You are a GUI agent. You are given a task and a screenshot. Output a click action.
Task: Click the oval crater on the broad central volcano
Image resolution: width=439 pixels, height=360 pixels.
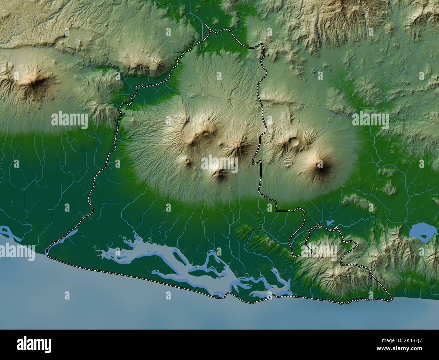(205, 133)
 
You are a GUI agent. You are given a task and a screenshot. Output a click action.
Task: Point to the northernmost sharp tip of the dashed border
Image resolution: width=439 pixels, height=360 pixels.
(207, 26)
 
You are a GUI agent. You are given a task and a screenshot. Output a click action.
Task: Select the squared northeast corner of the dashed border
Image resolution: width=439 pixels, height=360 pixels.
(262, 45)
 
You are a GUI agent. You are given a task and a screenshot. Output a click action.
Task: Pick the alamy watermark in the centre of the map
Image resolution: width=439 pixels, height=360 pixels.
(220, 165)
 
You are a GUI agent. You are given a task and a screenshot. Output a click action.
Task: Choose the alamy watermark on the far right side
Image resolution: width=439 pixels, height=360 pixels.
(370, 119)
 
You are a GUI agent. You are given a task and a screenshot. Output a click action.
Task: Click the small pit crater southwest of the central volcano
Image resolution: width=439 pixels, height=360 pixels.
(188, 160)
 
